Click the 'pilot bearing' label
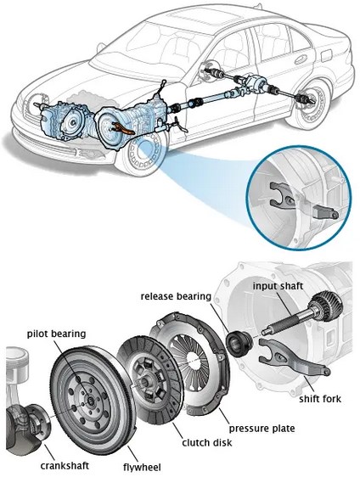coord(57,334)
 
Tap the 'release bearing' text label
coord(176,296)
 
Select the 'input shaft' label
coord(278,286)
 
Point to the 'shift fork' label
coord(320,399)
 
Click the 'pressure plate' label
coord(262,429)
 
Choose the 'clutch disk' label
coord(207,442)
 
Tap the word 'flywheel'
coord(142,467)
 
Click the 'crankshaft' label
coord(65,465)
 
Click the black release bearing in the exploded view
coord(239,344)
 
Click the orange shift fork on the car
coord(122,127)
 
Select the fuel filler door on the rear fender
coord(327,56)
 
